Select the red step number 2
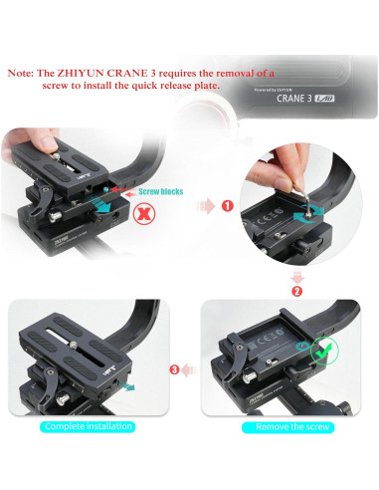296,292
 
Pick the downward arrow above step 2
296,273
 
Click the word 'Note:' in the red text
24,73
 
